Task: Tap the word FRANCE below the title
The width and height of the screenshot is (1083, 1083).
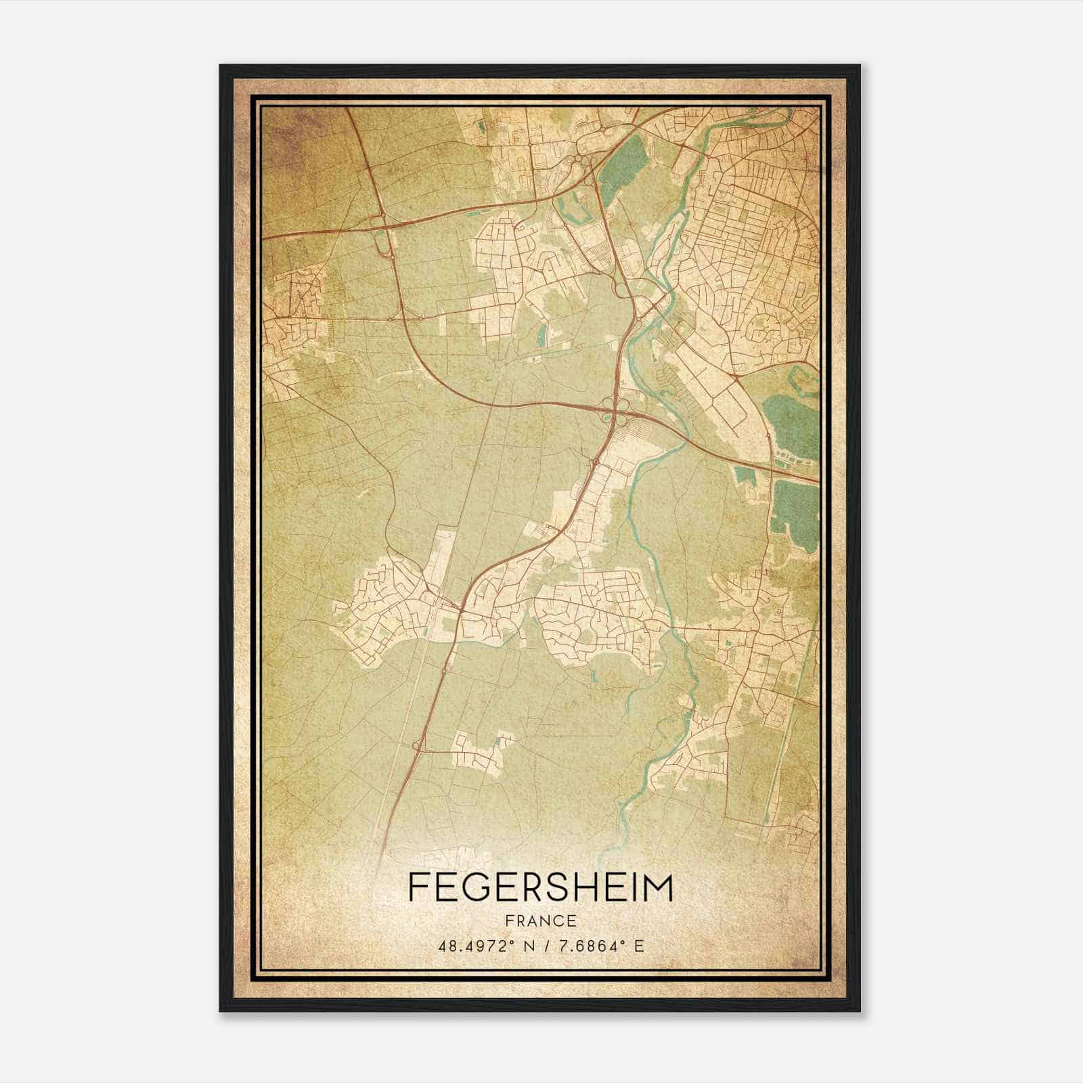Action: point(541,921)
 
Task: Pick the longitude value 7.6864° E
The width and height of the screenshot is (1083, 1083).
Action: point(600,945)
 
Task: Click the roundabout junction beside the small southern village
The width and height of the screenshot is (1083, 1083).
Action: point(417,746)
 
